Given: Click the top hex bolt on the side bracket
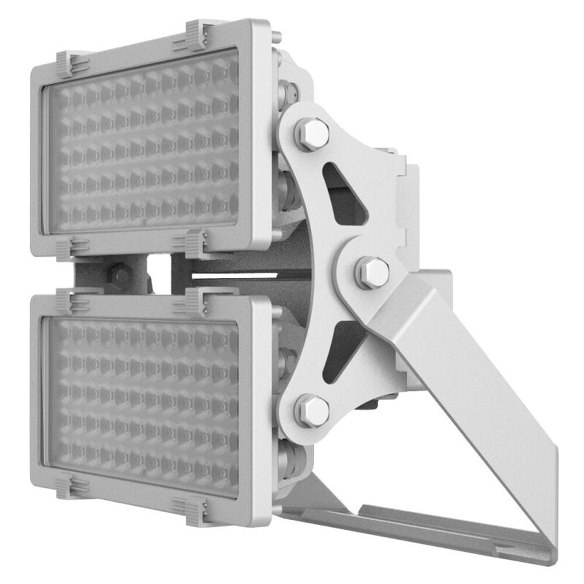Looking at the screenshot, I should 314,134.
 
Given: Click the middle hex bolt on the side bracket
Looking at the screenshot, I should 373,272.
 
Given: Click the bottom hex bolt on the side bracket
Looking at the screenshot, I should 314,411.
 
